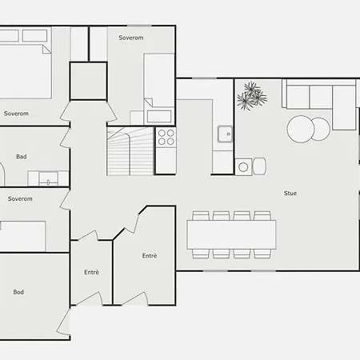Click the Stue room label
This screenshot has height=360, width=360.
point(290,193)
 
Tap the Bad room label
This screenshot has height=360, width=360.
point(22,157)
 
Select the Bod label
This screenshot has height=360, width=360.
point(18,292)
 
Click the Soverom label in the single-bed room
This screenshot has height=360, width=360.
point(131,38)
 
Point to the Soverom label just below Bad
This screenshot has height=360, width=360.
point(20,198)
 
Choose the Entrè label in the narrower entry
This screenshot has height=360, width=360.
point(91,272)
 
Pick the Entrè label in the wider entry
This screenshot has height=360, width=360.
point(150,256)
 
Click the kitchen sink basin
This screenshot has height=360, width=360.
point(226,134)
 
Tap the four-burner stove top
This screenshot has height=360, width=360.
point(166,137)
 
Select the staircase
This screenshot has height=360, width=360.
point(130,151)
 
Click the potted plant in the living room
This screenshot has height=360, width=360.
point(252,96)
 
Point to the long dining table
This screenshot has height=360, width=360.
point(231,234)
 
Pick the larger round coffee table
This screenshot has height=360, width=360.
point(301,129)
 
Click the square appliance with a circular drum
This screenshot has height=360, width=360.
point(243,167)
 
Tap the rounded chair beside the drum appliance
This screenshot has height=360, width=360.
point(259,166)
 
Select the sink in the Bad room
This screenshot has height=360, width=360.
point(48,178)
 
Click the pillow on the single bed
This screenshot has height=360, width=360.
point(159,116)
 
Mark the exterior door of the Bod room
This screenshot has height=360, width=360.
point(63,322)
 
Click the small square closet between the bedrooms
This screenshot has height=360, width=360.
point(89,81)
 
